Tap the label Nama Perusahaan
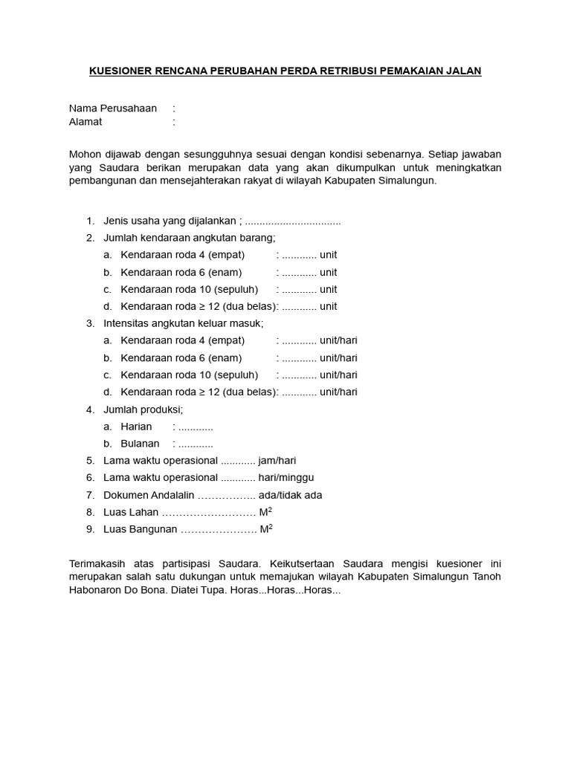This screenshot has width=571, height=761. click(x=113, y=109)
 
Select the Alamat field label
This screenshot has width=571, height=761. click(x=86, y=122)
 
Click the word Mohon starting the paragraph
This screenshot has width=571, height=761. click(x=85, y=154)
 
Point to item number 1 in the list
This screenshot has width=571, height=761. click(x=90, y=221)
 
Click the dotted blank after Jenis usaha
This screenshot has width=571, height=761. click(x=293, y=221)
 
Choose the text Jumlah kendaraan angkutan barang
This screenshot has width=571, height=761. click(x=189, y=238)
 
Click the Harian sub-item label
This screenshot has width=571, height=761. click(x=136, y=427)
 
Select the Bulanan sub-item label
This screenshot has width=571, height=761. click(x=140, y=444)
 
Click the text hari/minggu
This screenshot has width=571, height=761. click(x=286, y=478)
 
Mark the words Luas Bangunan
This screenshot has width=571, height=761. click(x=141, y=529)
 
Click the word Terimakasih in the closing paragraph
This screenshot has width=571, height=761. click(x=101, y=564)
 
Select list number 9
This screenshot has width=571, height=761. click(x=90, y=529)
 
